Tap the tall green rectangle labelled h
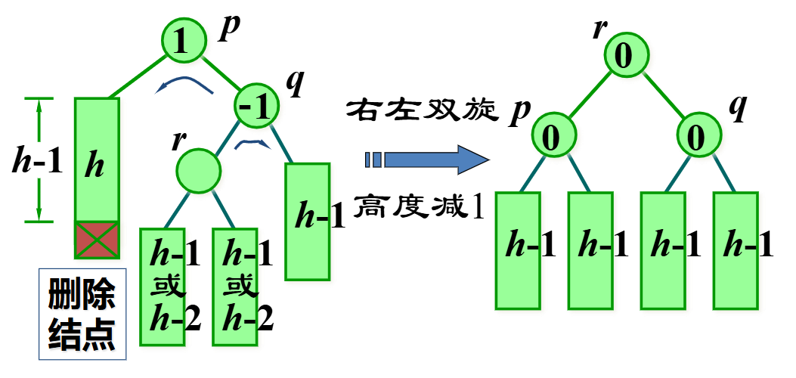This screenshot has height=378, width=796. click(97, 160)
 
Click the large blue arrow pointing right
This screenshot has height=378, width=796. click(427, 160)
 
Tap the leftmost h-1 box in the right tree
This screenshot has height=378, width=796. click(518, 249)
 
